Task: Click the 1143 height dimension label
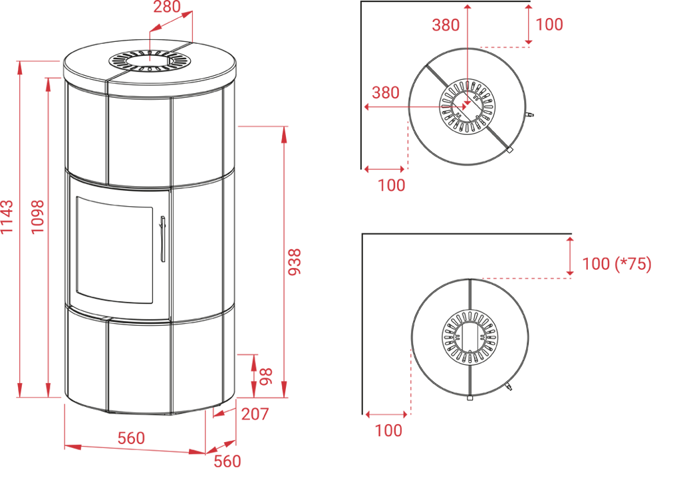click(7, 217)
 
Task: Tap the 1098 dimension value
click(38, 217)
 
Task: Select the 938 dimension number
click(295, 262)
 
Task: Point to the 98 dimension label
click(265, 376)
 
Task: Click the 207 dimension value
click(255, 414)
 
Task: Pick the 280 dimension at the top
click(167, 7)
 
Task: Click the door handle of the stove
click(162, 239)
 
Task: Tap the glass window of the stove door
click(114, 249)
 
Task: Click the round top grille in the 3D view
click(150, 61)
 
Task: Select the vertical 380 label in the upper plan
click(446, 25)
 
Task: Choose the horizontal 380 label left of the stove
click(386, 93)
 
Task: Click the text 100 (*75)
click(616, 264)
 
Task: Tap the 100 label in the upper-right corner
click(549, 25)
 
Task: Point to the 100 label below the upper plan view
click(391, 185)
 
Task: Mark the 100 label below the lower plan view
click(388, 431)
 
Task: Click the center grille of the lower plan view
click(470, 337)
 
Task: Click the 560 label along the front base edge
click(131, 438)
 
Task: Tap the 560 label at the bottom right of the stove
click(227, 461)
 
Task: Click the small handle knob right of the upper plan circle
click(529, 115)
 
